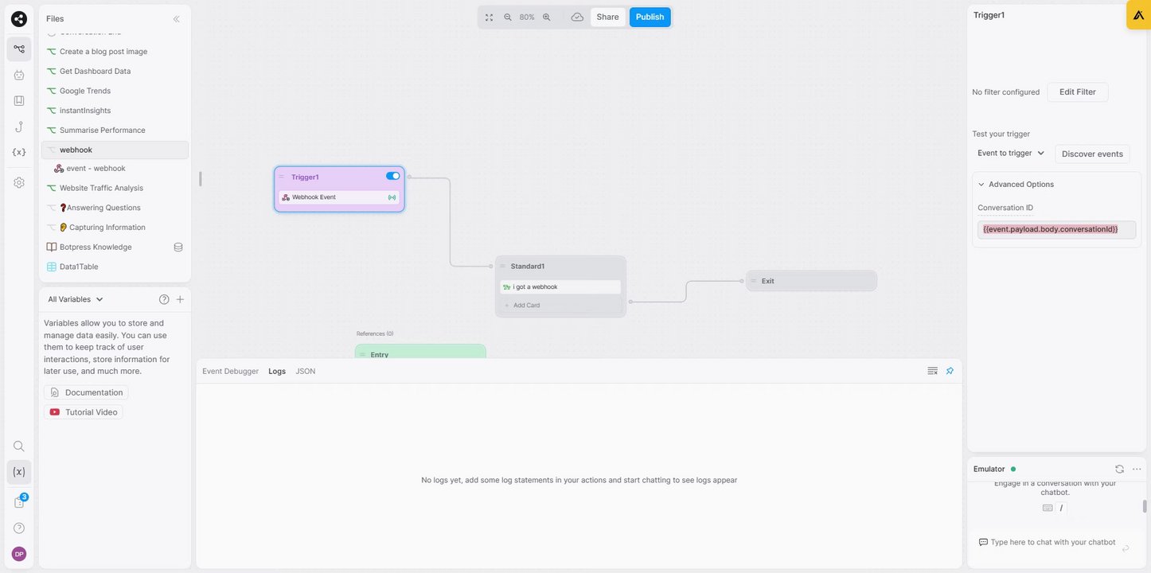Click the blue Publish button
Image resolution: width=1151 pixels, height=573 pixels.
click(x=650, y=17)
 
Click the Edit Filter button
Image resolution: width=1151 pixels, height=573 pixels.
click(x=1077, y=92)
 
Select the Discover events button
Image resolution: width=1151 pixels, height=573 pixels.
click(x=1092, y=154)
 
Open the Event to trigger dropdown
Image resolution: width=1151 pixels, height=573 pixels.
click(x=1011, y=153)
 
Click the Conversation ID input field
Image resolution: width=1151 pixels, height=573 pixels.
click(x=1056, y=229)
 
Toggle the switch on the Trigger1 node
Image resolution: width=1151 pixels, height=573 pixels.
click(x=393, y=176)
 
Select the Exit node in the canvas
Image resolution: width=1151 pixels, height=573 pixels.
click(x=810, y=281)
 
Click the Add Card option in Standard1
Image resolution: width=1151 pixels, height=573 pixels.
click(x=526, y=306)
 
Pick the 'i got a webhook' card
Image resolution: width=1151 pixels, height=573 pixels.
click(x=560, y=286)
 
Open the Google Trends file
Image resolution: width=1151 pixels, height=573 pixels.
click(x=85, y=91)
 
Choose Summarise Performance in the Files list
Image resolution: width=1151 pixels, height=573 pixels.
click(x=102, y=130)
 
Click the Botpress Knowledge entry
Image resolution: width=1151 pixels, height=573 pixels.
click(x=96, y=247)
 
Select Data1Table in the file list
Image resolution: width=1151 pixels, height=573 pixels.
click(x=79, y=267)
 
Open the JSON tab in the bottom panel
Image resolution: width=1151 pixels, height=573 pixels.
click(x=306, y=372)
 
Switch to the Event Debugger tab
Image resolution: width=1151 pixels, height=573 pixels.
click(x=230, y=372)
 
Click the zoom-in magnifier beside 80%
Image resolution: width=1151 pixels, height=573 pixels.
click(x=546, y=17)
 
